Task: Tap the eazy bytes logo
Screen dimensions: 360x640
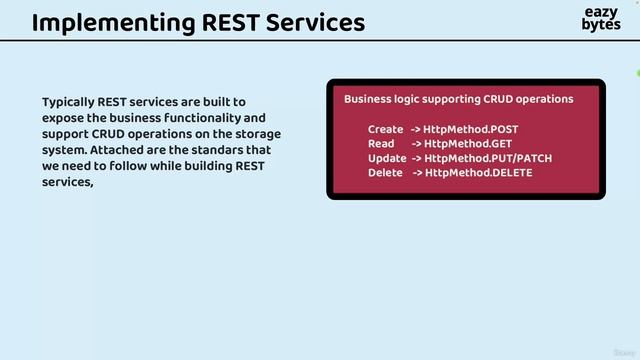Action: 600,19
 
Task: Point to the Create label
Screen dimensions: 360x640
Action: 385,130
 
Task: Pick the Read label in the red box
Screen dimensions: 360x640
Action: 381,144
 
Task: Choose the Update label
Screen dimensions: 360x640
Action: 387,158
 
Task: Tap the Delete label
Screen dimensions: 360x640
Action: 385,173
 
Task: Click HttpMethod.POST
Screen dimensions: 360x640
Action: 470,130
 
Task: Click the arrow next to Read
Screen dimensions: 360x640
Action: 416,144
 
